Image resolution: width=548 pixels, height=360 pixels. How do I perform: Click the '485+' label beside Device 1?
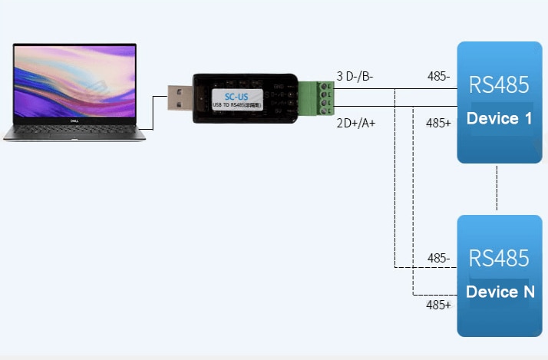click(438, 123)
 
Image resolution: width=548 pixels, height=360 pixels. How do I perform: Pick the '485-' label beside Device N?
click(438, 258)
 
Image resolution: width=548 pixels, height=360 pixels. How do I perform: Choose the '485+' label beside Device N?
click(438, 305)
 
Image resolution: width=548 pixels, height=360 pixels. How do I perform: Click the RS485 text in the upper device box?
click(499, 84)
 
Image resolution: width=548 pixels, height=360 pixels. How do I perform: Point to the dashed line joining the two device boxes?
click(497, 189)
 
